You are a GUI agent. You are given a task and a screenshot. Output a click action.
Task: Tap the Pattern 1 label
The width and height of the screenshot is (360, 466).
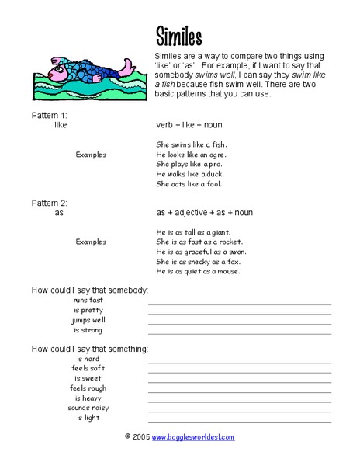50,113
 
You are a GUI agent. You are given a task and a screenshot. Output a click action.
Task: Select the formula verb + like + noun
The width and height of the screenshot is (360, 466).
191,124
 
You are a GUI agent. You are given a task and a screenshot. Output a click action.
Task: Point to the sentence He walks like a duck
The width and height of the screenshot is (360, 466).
190,175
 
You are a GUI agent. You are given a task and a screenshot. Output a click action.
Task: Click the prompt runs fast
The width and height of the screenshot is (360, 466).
88,300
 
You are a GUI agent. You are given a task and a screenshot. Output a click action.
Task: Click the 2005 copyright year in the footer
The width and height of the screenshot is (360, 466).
140,438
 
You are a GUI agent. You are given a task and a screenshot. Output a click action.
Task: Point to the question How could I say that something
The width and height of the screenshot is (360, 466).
89,348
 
